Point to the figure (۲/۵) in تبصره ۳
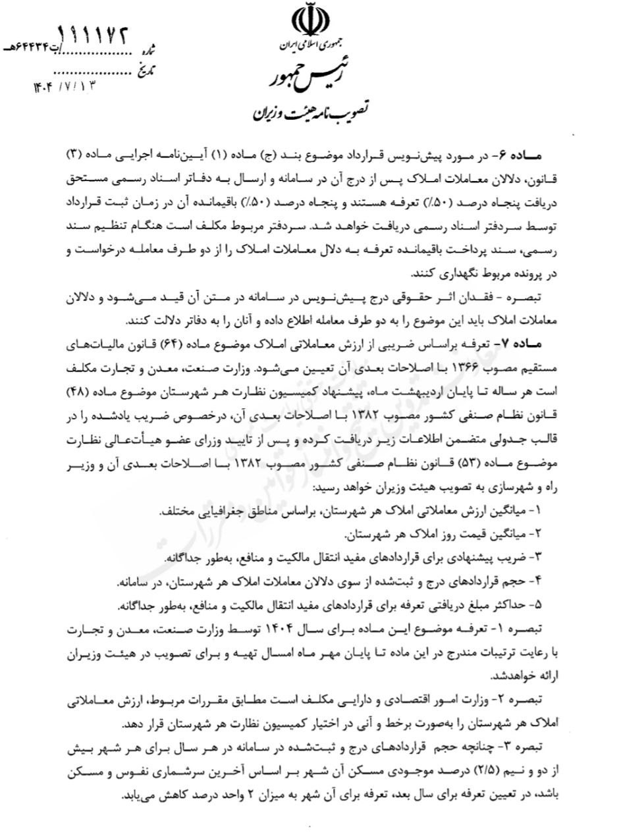pos(485,767)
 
